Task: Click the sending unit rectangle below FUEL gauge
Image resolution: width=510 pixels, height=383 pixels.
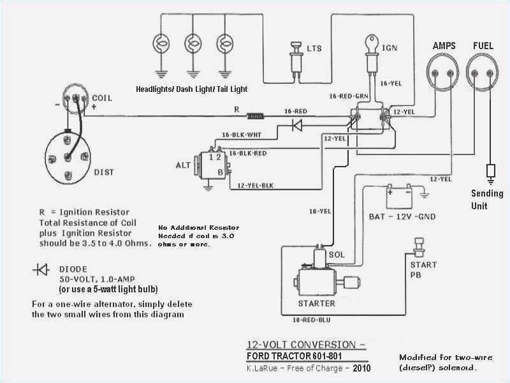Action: (491, 171)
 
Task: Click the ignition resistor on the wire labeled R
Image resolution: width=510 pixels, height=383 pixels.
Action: (255, 117)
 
